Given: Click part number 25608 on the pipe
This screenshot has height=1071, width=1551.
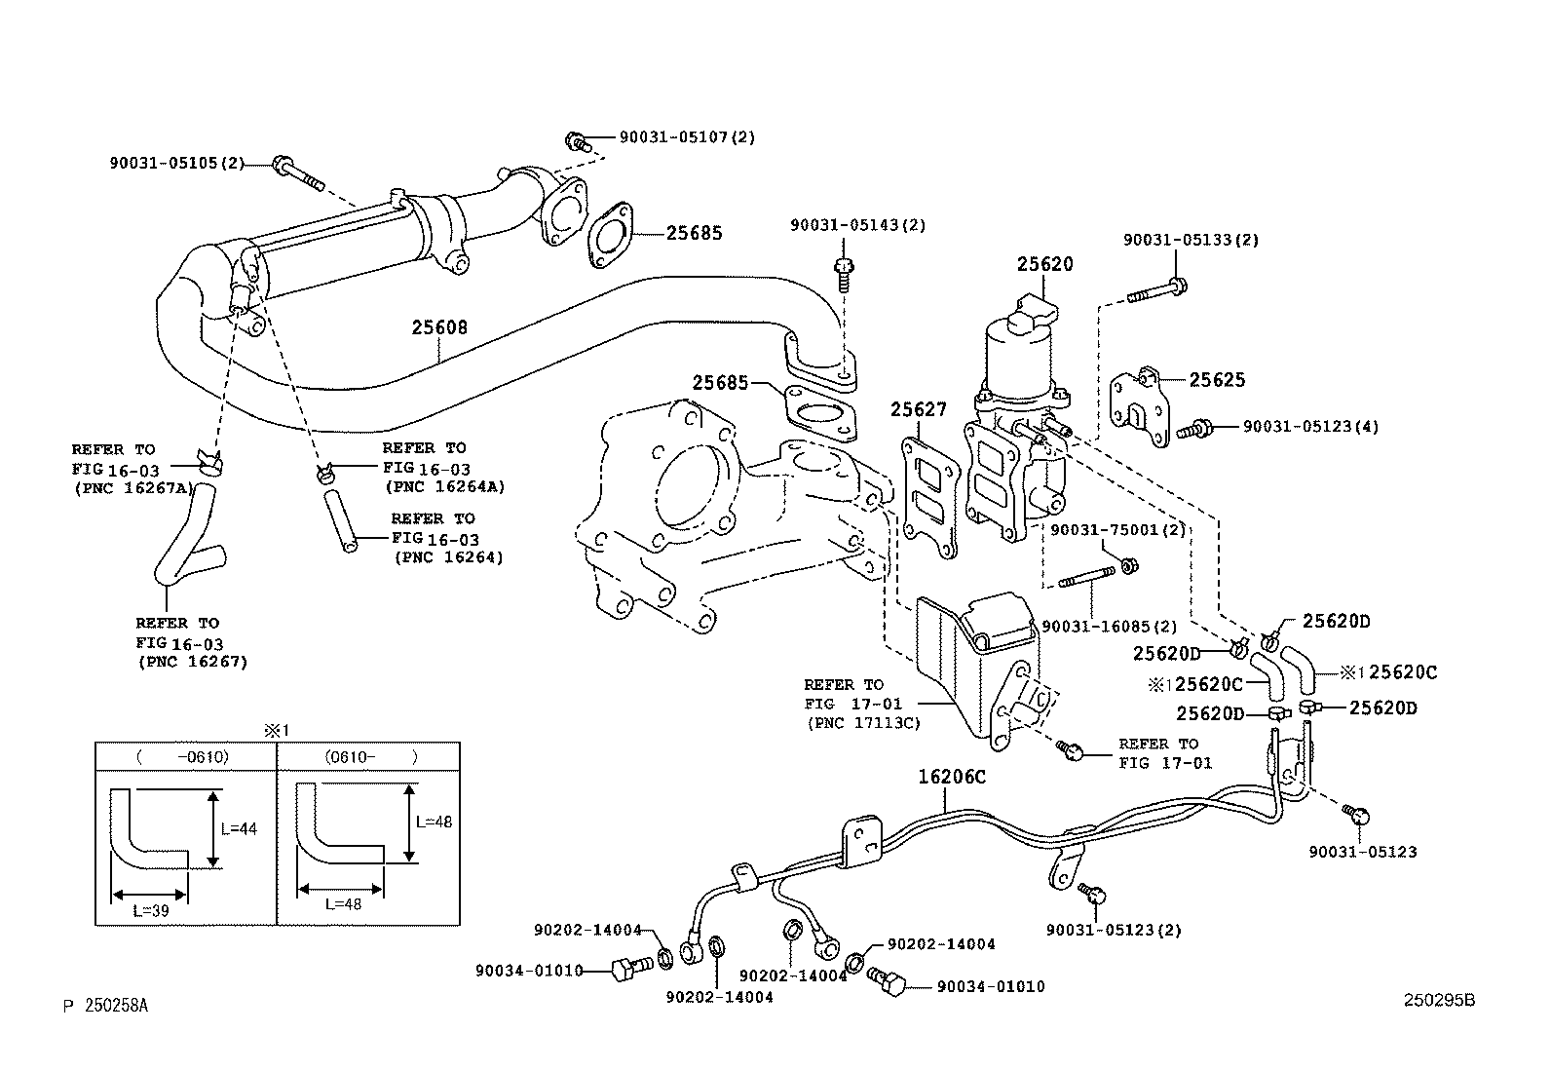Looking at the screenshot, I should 438,327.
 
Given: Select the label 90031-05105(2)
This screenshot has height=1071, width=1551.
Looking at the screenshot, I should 176,163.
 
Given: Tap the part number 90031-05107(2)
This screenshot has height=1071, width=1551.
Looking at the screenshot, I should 687,137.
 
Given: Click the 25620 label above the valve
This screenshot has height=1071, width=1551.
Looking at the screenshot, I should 1044,264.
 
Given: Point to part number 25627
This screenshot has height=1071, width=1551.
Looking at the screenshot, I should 918,410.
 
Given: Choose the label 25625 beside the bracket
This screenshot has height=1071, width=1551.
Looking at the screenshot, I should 1216,380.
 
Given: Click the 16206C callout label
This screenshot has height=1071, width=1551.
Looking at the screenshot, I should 952,777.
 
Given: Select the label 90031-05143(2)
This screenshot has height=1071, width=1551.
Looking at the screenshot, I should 857,225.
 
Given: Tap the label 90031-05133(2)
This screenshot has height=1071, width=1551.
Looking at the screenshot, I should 1191,240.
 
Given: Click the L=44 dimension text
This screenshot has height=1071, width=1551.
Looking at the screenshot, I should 239,829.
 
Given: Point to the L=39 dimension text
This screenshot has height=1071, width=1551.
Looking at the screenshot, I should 151,909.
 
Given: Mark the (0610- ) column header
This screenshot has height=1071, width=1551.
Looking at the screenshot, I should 370,756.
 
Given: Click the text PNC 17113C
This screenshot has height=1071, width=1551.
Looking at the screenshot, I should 863,723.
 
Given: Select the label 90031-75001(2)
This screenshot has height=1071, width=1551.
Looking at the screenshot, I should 1117,530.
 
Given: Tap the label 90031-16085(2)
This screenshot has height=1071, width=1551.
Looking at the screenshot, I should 1109,627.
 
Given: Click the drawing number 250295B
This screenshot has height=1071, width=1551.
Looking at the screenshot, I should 1439,1001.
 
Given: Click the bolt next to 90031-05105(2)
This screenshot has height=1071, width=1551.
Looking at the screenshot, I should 297,173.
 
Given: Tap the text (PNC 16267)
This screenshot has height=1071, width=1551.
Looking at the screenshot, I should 193,662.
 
